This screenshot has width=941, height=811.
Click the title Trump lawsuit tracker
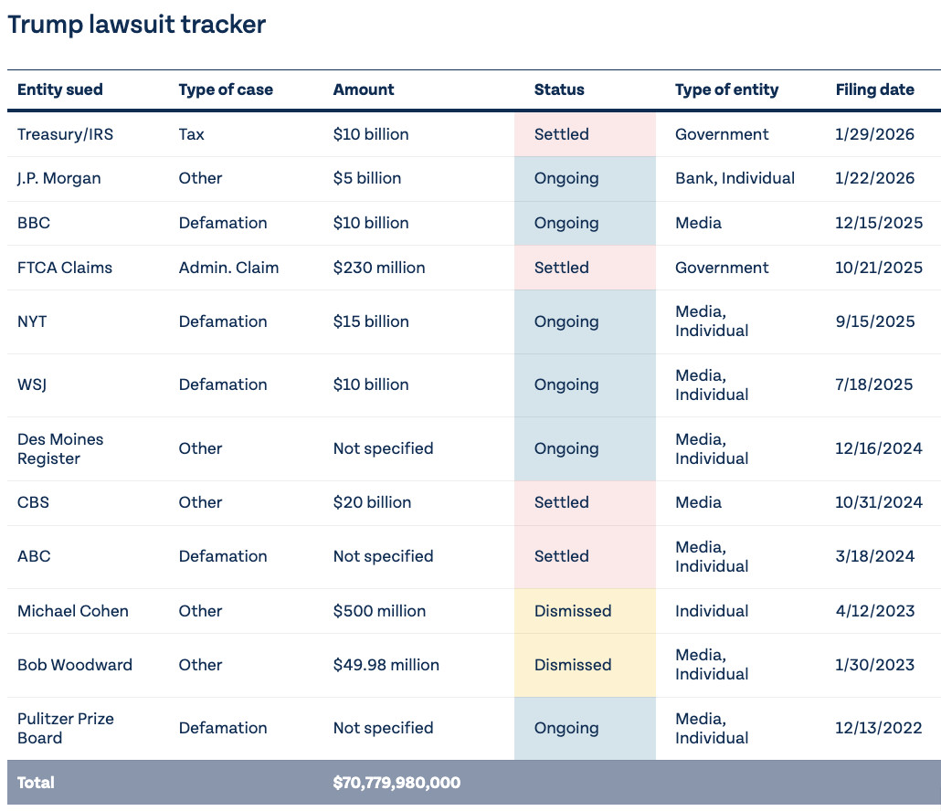point(136,26)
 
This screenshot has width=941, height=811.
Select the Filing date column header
point(875,90)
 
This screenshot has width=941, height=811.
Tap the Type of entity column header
point(726,90)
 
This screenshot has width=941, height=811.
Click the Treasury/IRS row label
point(66,134)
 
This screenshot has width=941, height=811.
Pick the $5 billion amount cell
point(367,178)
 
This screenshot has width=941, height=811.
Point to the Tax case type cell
point(192,134)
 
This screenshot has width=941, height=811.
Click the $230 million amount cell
point(379,268)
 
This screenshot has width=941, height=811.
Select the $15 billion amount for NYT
point(371,321)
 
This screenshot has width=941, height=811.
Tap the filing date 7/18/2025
point(874,384)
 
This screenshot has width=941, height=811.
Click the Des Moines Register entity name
point(60,448)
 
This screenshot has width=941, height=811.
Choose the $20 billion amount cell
point(372,502)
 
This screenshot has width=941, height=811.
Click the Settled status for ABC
point(562,556)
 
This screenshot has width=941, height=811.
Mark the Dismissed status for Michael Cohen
point(573,611)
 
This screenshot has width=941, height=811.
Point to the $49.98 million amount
point(386,665)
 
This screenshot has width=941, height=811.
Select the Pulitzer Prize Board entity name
point(66,728)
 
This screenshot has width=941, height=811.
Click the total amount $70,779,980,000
point(396,782)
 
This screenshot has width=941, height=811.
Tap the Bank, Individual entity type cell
point(735,178)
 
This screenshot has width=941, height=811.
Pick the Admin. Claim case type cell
point(228,268)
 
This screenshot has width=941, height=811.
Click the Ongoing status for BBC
point(566,223)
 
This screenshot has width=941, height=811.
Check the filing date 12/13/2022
point(879,728)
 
